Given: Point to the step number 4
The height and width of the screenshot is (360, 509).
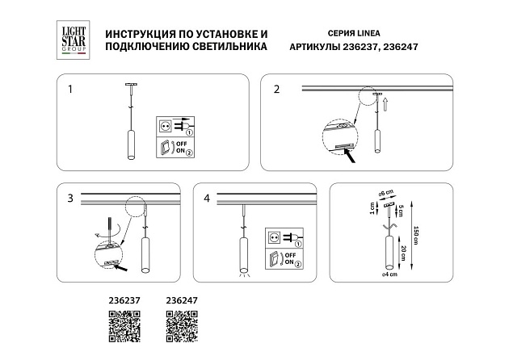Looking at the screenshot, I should pos(208,198).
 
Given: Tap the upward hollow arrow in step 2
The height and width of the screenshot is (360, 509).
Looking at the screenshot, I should pos(386,103).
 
